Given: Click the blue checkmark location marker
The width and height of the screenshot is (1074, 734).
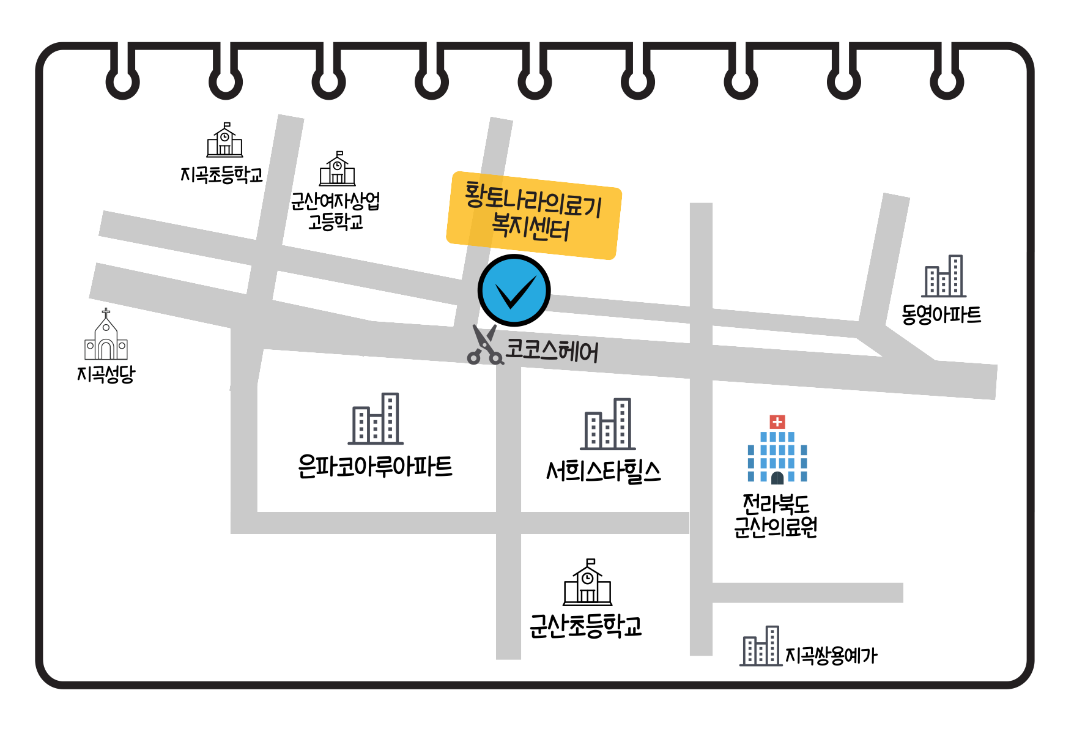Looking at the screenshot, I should click(x=514, y=291).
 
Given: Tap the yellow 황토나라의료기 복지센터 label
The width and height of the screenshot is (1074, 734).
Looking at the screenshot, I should click(x=533, y=215).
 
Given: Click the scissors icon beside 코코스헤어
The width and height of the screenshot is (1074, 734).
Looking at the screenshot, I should click(x=484, y=346).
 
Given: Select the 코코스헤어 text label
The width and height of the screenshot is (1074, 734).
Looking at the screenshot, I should click(x=552, y=351).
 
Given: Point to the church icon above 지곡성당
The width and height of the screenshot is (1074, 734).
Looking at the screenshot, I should click(x=106, y=335).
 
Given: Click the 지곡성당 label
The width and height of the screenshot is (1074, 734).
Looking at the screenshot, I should click(x=106, y=374).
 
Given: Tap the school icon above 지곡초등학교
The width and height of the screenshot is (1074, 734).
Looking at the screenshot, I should click(x=224, y=141).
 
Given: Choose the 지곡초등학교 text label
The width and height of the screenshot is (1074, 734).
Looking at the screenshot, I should click(x=221, y=175).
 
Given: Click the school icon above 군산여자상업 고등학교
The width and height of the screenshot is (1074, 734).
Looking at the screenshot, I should click(x=337, y=169).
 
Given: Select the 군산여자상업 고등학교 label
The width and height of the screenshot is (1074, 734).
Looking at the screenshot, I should click(x=336, y=211).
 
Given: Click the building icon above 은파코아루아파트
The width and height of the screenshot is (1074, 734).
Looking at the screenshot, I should click(x=376, y=419).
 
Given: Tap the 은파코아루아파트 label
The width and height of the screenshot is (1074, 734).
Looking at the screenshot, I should click(x=375, y=467).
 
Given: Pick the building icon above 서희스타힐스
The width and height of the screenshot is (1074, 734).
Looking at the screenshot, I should click(x=607, y=424).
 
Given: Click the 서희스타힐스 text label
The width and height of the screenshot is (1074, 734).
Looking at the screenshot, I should click(x=603, y=472).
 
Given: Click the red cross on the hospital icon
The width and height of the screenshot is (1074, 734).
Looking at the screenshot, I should click(x=777, y=422).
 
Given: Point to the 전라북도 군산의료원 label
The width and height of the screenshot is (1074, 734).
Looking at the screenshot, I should click(x=776, y=516).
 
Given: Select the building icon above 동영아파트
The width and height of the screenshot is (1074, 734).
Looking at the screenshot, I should click(x=944, y=276).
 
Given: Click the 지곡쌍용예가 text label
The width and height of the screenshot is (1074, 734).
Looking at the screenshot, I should click(x=831, y=656).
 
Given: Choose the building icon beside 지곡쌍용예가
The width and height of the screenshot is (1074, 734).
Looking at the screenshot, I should click(x=761, y=647).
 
